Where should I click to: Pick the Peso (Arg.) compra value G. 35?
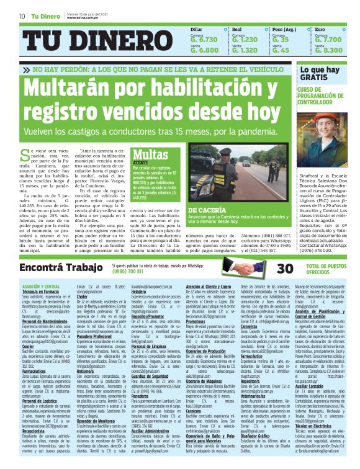coord(280,38)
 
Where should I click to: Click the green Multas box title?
coord(150,154)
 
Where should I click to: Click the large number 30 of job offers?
coord(284,268)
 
